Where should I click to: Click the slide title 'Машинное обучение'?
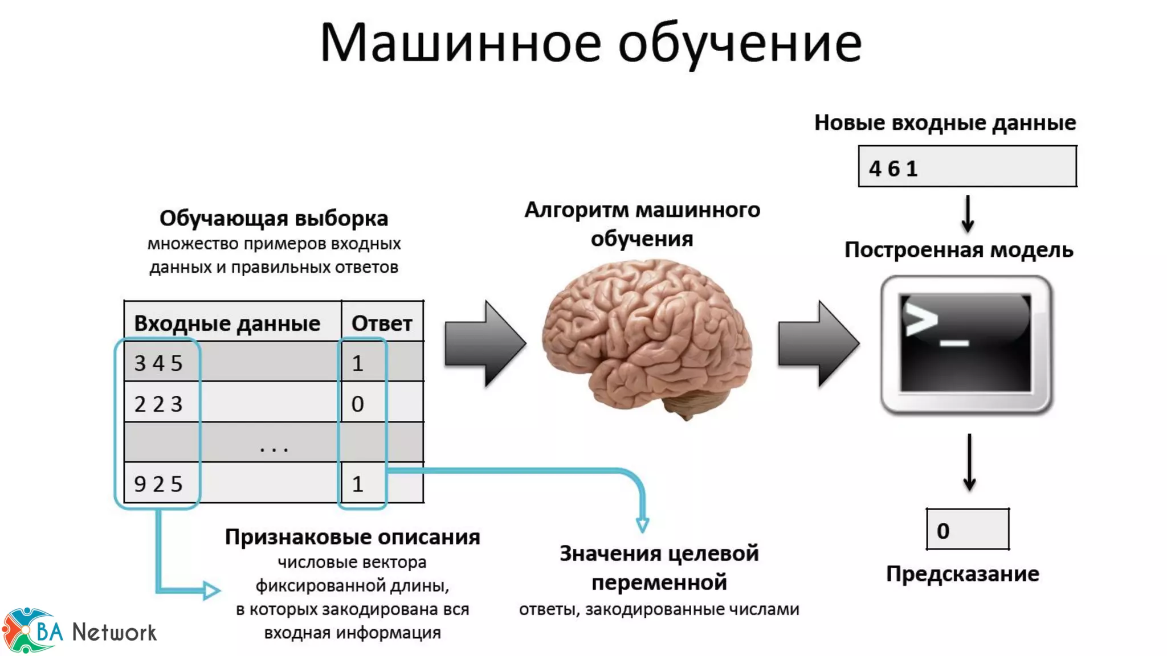coord(590,43)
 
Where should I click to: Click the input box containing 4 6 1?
coord(967,166)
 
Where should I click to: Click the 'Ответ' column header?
coord(382,323)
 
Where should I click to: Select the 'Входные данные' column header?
coord(227,323)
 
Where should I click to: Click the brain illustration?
coord(647,336)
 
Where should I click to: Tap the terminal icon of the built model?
coord(966,344)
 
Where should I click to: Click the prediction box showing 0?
coord(967,530)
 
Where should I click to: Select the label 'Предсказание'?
coord(962,573)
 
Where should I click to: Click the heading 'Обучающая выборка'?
coord(274,218)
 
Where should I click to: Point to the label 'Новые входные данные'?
coord(945,122)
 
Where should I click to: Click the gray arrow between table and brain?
coord(484,344)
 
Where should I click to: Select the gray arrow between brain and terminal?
coord(818,344)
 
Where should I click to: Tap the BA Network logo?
coord(80,631)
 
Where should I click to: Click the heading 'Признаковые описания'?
coord(352,536)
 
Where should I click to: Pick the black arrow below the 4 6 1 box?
coord(968,214)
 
